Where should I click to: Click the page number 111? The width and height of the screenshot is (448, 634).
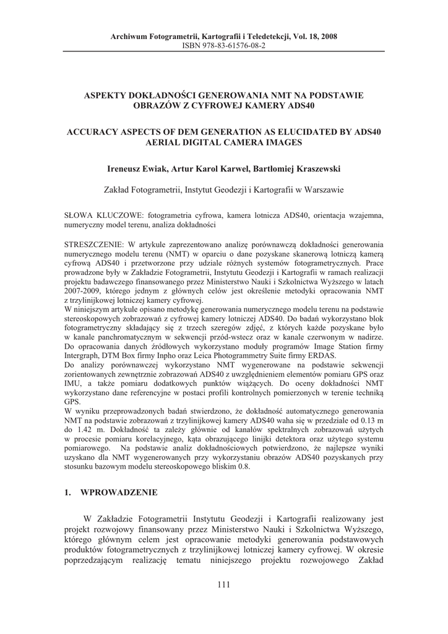[x=224, y=585]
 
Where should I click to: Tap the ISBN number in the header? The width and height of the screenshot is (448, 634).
[x=224, y=46]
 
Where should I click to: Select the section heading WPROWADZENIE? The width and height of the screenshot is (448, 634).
[x=119, y=492]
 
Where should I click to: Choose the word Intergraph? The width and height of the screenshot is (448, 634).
[x=84, y=357]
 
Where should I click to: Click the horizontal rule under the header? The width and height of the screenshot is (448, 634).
[x=224, y=52]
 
